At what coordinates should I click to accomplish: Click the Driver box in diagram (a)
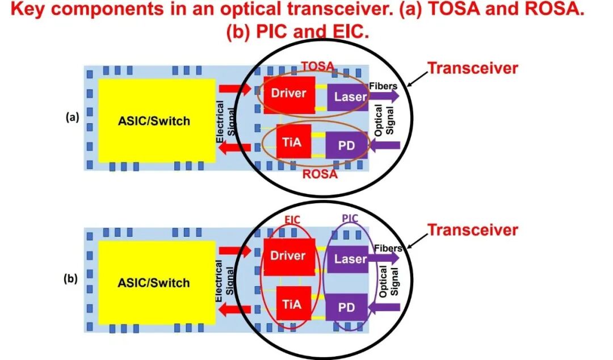tap(289, 95)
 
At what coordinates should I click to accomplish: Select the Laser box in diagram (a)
tap(347, 97)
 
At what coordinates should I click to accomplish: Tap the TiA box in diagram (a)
tap(293, 141)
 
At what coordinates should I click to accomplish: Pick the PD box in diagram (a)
tap(346, 145)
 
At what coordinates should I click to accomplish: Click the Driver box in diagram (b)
tap(289, 257)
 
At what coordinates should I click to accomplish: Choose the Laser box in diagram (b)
tap(347, 259)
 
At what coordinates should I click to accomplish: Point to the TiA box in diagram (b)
tap(293, 303)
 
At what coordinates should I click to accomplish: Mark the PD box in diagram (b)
tap(346, 307)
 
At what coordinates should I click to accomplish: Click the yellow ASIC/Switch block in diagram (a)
tap(157, 120)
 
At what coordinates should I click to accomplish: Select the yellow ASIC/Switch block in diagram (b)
tap(157, 283)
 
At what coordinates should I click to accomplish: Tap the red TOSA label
tap(318, 66)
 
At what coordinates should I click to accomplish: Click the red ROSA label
tap(320, 174)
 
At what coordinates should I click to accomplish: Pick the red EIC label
tap(292, 220)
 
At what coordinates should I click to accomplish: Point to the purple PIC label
tap(350, 218)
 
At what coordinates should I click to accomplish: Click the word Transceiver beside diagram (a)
tap(473, 68)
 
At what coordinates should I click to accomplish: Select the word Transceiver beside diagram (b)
tap(473, 230)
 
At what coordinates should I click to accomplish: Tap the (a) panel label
tap(72, 117)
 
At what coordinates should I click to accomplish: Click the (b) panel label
tap(71, 279)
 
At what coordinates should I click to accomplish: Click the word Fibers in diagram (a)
tap(383, 86)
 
